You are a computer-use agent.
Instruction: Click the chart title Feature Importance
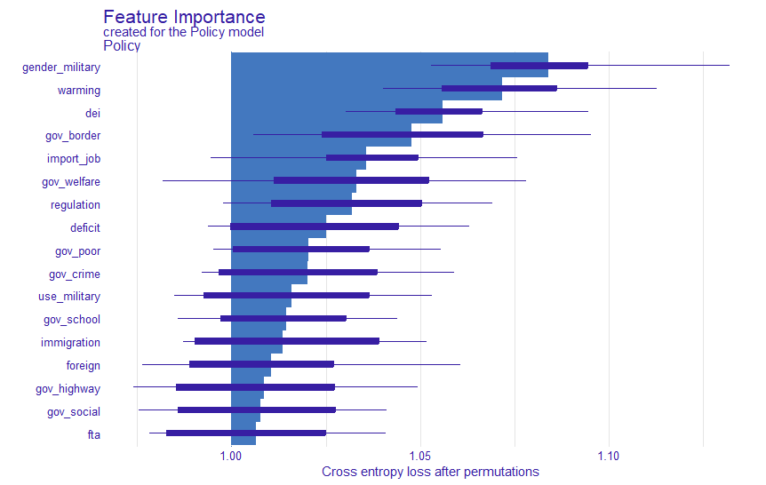[184, 17]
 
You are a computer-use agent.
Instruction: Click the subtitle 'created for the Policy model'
[183, 32]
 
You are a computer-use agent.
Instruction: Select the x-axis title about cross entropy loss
[430, 472]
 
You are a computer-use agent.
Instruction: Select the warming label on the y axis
[79, 90]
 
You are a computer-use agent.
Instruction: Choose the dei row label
[92, 113]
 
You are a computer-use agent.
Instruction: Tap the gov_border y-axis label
[73, 136]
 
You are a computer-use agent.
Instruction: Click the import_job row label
[74, 159]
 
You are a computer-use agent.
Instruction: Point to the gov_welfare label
[71, 182]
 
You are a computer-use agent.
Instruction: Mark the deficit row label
[85, 228]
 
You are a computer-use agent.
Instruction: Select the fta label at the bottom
[93, 435]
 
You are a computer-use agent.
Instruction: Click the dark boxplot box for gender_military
[539, 66]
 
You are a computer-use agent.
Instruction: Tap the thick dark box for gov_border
[403, 135]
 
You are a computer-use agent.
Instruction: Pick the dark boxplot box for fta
[246, 433]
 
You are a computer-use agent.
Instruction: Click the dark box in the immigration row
[287, 341]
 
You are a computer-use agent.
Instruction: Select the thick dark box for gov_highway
[255, 387]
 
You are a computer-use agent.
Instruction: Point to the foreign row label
[84, 366]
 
